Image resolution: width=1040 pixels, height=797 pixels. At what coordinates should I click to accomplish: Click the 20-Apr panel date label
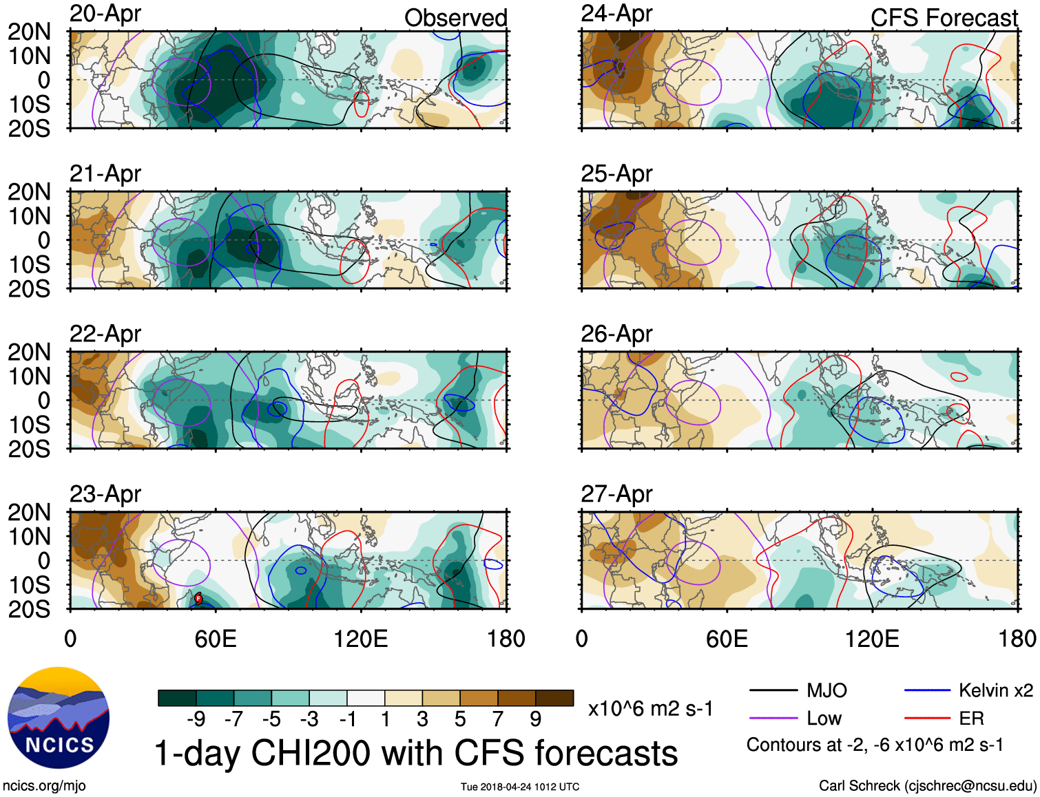[105, 14]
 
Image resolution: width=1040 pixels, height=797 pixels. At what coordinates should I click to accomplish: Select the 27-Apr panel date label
[616, 494]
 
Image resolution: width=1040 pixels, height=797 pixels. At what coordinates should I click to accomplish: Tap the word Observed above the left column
[455, 18]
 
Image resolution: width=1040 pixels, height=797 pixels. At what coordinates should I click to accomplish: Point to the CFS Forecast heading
[944, 18]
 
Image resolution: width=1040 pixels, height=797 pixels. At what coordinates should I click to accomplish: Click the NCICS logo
[59, 718]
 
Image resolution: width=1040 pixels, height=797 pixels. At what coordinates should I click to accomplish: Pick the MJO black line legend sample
[773, 690]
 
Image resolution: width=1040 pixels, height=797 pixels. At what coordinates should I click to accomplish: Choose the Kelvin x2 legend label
[995, 690]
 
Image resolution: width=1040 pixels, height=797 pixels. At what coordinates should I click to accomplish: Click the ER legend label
[971, 719]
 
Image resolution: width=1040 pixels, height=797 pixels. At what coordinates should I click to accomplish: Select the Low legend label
[824, 719]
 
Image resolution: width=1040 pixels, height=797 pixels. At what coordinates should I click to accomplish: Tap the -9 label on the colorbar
[196, 719]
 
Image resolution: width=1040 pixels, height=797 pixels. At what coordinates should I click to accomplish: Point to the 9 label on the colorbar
[536, 719]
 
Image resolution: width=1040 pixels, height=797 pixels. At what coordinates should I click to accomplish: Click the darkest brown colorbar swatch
[554, 698]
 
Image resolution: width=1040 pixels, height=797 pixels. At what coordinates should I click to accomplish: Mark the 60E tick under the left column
[216, 639]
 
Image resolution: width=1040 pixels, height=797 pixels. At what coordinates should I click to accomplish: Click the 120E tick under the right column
[872, 639]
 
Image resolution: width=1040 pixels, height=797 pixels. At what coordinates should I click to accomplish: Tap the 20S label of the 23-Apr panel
[29, 609]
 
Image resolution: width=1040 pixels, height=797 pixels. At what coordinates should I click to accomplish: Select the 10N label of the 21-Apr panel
[29, 216]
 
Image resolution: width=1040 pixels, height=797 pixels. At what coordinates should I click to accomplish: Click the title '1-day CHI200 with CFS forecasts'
[415, 753]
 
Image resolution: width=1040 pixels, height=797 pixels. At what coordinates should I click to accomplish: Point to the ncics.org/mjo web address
[44, 786]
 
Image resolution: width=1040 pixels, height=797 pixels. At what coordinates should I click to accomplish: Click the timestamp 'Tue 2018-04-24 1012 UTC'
[520, 787]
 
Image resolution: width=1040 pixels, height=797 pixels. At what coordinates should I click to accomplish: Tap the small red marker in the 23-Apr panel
[198, 598]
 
